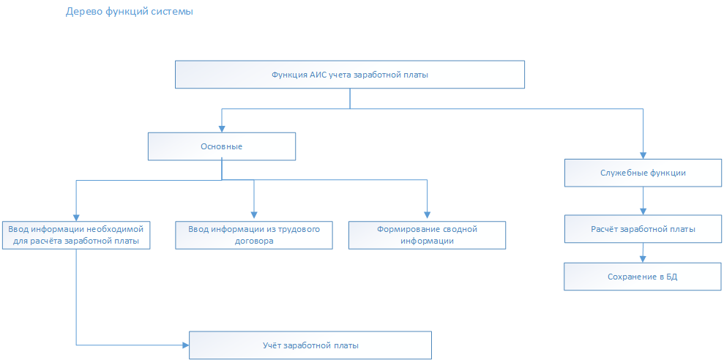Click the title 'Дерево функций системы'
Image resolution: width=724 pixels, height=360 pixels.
(130, 12)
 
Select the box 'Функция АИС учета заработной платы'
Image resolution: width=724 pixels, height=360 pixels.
(350, 75)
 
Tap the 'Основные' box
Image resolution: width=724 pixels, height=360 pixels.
(222, 147)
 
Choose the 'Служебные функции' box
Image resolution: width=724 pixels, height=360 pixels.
(643, 173)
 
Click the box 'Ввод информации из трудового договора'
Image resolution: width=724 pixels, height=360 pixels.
(254, 236)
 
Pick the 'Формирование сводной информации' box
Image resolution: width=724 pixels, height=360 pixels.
(427, 236)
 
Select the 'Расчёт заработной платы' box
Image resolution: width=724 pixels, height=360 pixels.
(643, 229)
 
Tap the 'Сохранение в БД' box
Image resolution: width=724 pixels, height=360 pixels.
(642, 277)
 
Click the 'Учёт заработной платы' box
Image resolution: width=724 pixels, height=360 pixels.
(310, 345)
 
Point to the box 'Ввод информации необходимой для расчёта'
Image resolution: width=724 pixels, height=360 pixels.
(76, 236)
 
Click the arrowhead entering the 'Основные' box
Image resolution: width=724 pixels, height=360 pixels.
(222, 130)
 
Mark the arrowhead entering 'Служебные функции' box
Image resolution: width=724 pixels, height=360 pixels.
(643, 156)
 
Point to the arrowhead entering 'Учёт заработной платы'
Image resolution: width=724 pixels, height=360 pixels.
(186, 345)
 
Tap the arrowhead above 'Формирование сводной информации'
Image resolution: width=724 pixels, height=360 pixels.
(427, 215)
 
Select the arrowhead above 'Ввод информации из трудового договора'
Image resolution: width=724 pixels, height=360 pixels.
(254, 215)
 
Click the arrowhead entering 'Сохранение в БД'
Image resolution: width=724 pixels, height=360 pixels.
(642, 259)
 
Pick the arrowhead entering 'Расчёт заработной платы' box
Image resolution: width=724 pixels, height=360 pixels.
(643, 212)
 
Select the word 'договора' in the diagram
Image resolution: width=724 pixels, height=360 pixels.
(254, 241)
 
